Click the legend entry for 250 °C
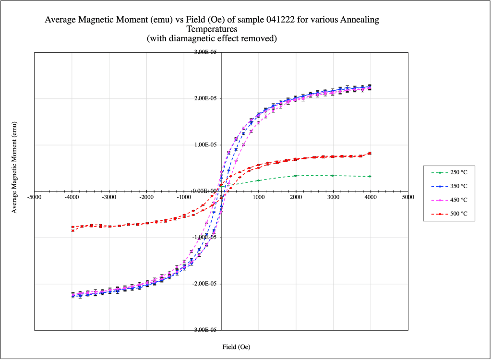coord(449,172)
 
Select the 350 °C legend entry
coord(449,186)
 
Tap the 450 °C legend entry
coord(449,200)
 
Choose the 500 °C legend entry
coord(449,214)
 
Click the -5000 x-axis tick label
coord(34,197)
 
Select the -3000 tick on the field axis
coord(109,197)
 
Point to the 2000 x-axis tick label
coord(296,197)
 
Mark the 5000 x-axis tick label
coord(408,197)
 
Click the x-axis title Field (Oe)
coord(236,347)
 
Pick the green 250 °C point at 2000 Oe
coord(296,176)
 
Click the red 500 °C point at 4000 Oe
coord(370,153)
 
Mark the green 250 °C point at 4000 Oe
coord(370,176)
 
